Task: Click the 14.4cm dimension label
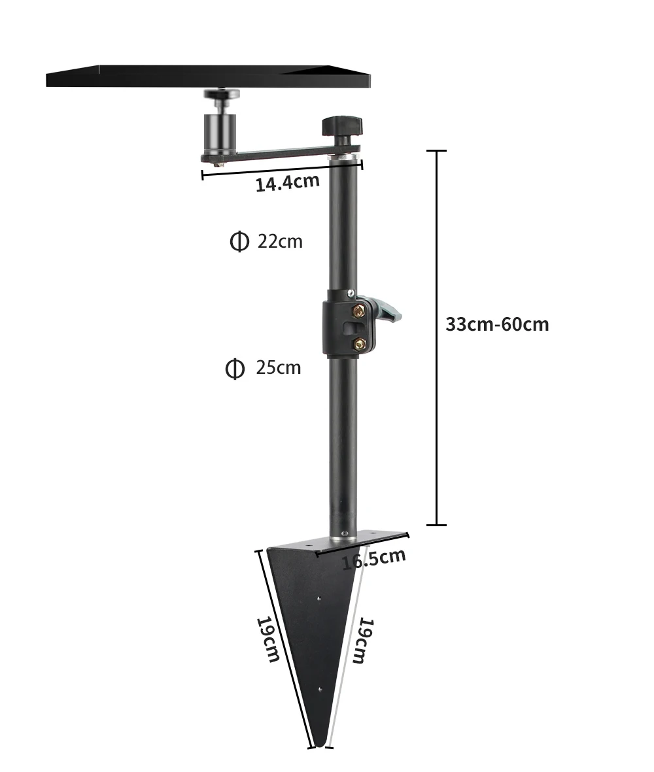(x=287, y=182)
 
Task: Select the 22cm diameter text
(x=280, y=241)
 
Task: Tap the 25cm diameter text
(x=279, y=367)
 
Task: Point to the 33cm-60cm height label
(x=497, y=324)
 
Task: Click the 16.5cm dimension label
(x=373, y=558)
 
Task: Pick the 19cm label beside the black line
(x=267, y=639)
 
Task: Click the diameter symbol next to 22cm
(x=239, y=241)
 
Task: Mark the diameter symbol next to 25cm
(x=235, y=368)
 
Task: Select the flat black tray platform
(x=209, y=76)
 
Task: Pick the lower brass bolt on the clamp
(x=359, y=343)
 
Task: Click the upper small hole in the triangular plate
(x=318, y=597)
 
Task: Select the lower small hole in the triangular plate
(x=319, y=689)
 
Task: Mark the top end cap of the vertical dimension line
(x=436, y=151)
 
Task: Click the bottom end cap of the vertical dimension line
(x=436, y=524)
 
